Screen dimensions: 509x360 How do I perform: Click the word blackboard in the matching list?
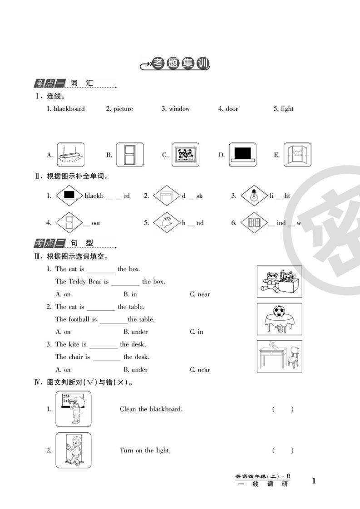pos(69,109)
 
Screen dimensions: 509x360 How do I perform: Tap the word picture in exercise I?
pos(123,109)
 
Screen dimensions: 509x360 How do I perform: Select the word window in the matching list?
pos(179,109)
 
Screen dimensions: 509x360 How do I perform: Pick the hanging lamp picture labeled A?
pos(71,155)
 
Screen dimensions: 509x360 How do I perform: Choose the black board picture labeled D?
pos(242,155)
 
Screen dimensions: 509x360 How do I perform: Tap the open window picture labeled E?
pos(297,155)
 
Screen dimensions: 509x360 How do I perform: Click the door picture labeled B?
pos(129,155)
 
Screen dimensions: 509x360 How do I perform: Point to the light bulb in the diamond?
pos(254,196)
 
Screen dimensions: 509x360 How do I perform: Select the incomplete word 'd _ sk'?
pos(192,196)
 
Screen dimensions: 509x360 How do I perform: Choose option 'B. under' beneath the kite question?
pos(136,370)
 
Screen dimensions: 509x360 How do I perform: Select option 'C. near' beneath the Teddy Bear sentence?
pos(200,294)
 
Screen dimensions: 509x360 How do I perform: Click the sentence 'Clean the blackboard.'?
pos(151,409)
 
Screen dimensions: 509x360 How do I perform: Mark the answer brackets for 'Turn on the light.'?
pos(283,450)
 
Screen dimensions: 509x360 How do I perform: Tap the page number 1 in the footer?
pos(313,481)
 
